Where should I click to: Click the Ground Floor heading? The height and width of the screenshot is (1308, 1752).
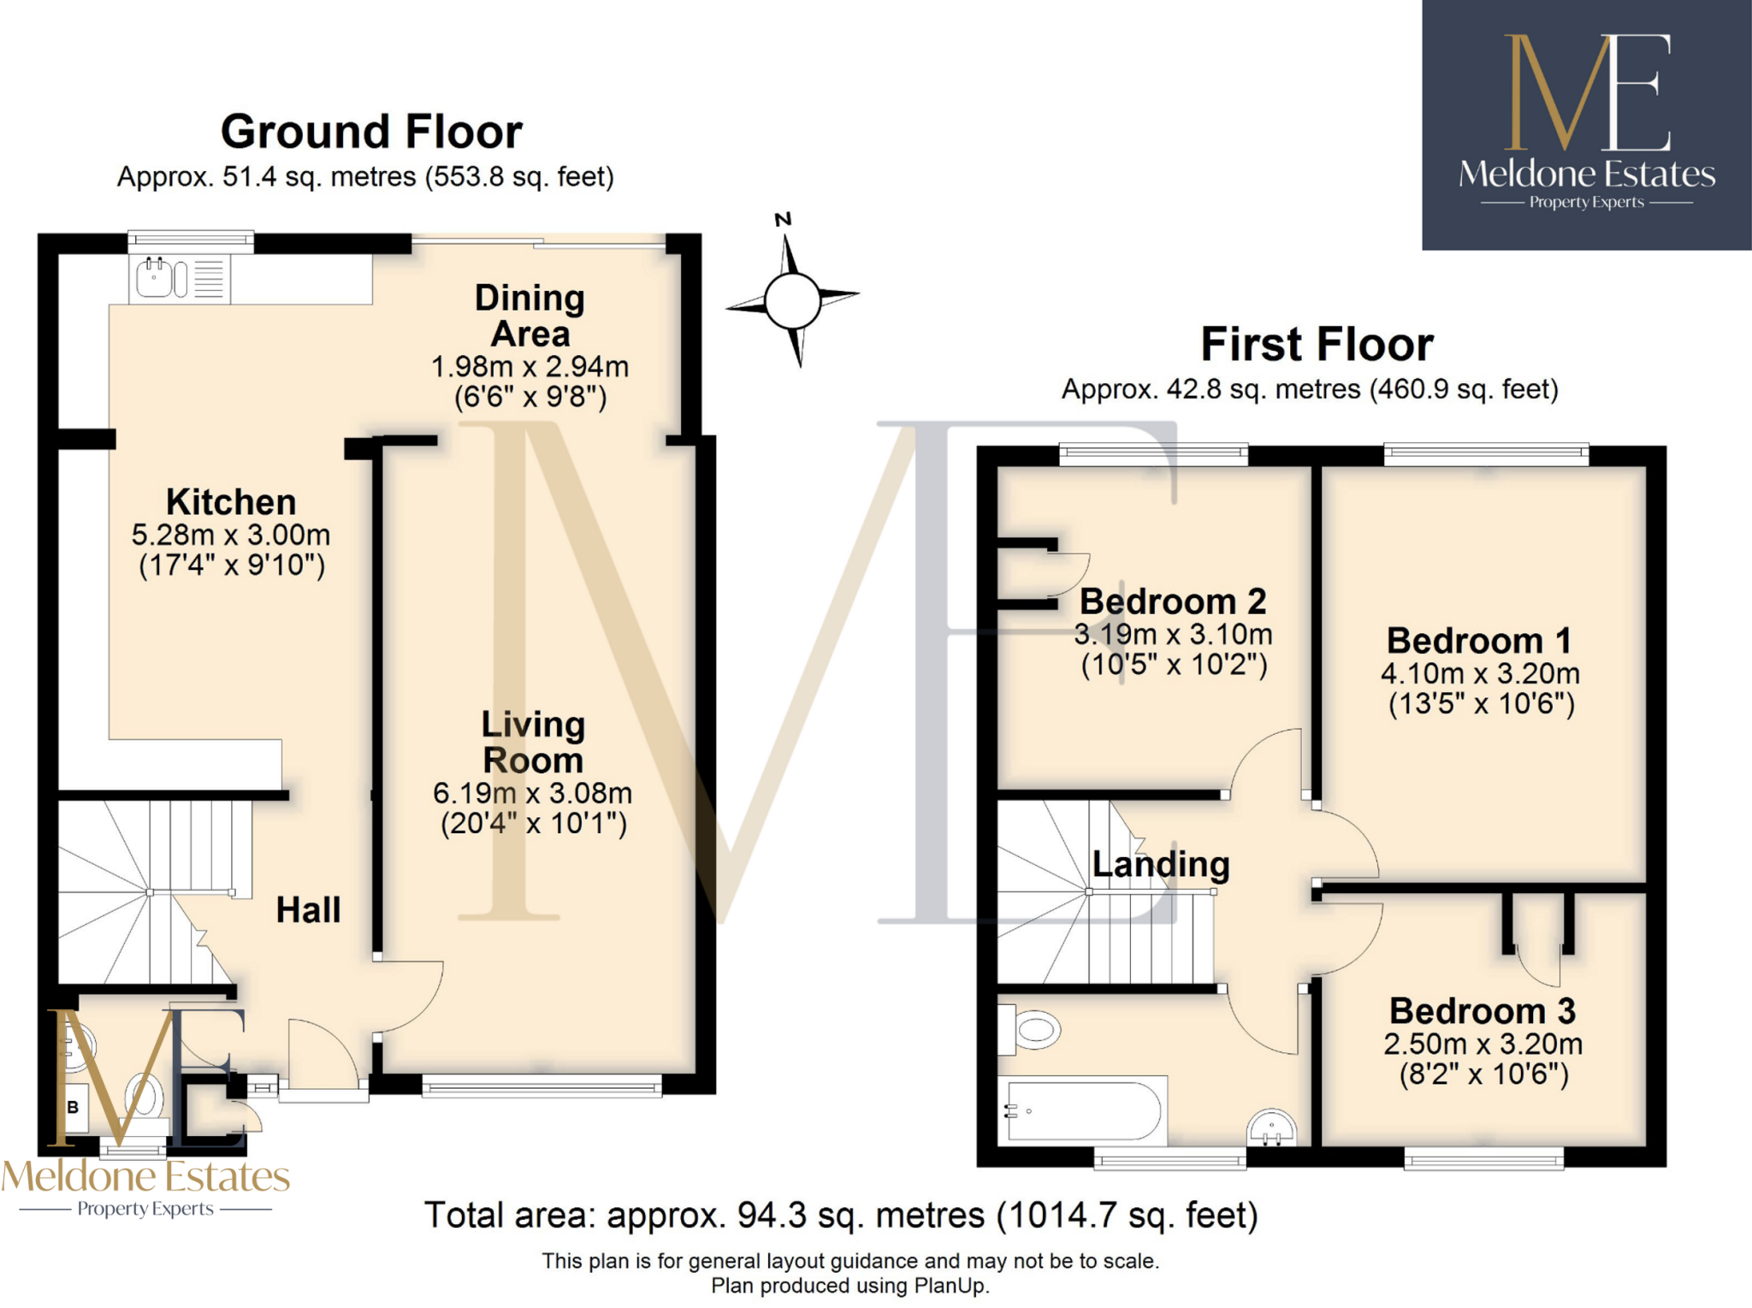(x=371, y=132)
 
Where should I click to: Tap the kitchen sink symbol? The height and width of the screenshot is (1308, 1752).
(x=155, y=277)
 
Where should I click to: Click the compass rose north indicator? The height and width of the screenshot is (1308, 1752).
(x=783, y=220)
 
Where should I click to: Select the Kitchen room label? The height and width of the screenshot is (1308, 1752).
(x=231, y=502)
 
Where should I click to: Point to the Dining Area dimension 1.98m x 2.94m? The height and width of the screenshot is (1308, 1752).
(x=530, y=367)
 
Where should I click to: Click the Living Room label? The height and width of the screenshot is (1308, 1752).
(x=533, y=742)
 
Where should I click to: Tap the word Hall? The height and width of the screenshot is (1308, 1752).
(x=308, y=910)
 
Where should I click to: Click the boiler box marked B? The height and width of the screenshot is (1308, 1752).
(x=74, y=1107)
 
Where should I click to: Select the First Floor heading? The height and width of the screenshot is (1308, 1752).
(x=1317, y=345)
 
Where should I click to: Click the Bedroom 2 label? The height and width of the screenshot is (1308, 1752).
(x=1173, y=601)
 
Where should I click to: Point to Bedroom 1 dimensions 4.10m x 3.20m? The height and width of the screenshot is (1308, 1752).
(x=1480, y=674)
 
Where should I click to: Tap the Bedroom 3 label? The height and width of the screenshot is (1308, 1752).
(x=1483, y=1011)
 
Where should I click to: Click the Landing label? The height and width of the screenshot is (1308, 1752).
(x=1161, y=864)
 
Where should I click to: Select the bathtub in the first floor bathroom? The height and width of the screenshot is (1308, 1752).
(x=1083, y=1110)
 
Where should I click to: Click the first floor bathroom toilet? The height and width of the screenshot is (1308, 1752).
(x=1031, y=1029)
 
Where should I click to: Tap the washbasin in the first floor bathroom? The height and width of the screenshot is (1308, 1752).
(x=1272, y=1128)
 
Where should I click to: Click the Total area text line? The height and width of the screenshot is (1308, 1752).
(x=841, y=1216)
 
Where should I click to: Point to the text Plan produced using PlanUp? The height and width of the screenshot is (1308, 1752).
(x=849, y=1286)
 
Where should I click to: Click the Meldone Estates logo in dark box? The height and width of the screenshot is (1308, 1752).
(x=1586, y=125)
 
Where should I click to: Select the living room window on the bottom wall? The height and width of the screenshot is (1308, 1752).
(x=542, y=1087)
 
